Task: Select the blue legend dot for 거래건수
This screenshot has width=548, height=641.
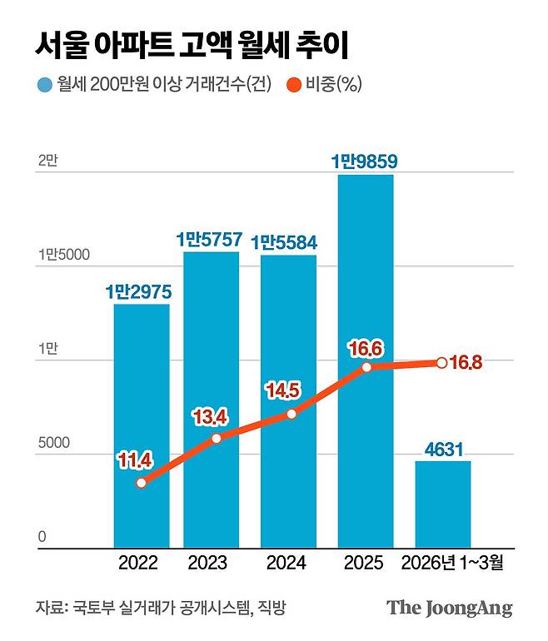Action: point(43,85)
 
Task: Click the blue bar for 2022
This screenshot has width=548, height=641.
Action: point(142,425)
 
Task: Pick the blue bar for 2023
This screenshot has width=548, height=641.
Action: point(212,400)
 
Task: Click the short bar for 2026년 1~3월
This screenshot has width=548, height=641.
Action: point(443,504)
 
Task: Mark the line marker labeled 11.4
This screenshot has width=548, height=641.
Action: point(142,483)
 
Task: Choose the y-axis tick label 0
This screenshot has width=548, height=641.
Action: point(41,537)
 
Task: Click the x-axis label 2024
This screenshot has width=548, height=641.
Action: point(286,564)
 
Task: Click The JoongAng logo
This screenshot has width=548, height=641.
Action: point(449,608)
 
